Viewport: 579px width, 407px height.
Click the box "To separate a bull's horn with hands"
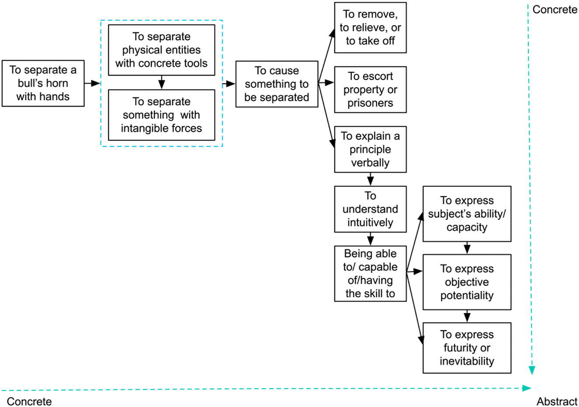[43, 83]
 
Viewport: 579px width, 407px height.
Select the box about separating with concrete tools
[161, 50]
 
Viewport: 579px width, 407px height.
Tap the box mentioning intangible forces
[161, 115]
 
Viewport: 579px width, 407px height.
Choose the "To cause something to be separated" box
[276, 84]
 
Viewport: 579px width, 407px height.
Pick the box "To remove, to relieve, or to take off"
[370, 28]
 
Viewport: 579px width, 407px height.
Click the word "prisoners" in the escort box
[370, 103]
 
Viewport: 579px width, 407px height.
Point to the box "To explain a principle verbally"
[370, 149]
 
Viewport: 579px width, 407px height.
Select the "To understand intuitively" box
[370, 209]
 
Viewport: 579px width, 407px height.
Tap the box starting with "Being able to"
[370, 273]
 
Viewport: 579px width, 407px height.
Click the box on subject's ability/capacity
[467, 214]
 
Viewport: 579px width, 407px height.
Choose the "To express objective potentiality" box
[467, 282]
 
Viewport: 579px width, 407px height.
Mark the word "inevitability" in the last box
[467, 361]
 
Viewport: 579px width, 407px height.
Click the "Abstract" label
[557, 401]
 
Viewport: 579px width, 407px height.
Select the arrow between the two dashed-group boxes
[161, 83]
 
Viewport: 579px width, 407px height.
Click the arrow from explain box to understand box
[370, 179]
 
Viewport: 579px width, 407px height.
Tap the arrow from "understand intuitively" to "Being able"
[370, 239]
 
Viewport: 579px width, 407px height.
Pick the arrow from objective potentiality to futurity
[467, 316]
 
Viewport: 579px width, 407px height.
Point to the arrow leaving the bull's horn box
[92, 83]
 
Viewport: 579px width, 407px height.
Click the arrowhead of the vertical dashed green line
[532, 370]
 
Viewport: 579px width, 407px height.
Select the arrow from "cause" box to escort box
[326, 83]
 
